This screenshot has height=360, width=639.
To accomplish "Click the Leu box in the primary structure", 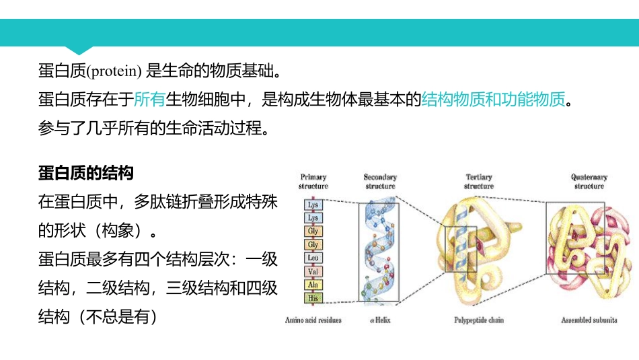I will [313, 258].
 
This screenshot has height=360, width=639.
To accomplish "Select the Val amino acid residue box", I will [313, 271].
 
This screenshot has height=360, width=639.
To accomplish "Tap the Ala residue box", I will [313, 285].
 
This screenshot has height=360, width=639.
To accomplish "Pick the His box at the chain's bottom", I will [313, 297].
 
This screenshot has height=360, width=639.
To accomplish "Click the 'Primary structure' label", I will [313, 182].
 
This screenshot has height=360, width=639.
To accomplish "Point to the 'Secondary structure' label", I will [380, 182].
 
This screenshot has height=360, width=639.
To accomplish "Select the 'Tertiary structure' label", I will [479, 182].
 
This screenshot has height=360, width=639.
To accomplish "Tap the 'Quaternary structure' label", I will [589, 182].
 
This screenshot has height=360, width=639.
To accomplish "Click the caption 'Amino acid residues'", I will [313, 320].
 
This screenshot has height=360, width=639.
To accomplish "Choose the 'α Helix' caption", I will [381, 320].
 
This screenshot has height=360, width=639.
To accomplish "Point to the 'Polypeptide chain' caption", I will [479, 320].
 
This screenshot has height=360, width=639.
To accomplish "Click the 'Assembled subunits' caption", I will [589, 320].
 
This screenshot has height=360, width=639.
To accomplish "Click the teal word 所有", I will [149, 100].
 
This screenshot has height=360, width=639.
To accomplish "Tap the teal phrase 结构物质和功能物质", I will [494, 100].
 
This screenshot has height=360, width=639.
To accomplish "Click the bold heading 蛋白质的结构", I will [86, 173].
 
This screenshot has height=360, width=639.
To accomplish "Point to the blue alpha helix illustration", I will [380, 252].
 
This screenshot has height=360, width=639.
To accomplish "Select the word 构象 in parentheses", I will [117, 230].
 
